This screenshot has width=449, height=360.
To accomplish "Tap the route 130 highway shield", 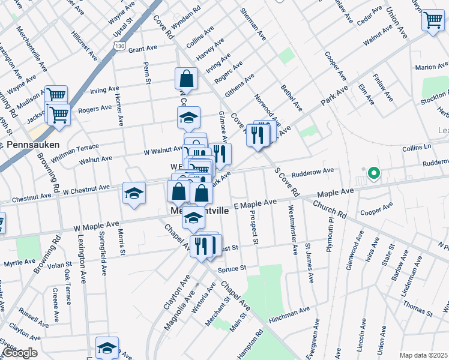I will tap(120, 46).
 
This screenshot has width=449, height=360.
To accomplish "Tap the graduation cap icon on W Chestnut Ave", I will tap(134, 193).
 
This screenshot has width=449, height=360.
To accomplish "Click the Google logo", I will tap(20, 353).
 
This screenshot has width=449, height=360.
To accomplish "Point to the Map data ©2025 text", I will tap(423, 355).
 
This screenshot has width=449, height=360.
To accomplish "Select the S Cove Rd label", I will tap(287, 182).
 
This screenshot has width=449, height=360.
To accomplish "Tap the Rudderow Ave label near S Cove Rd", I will tap(312, 173).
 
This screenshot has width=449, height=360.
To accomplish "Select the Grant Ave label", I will tap(142, 49).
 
